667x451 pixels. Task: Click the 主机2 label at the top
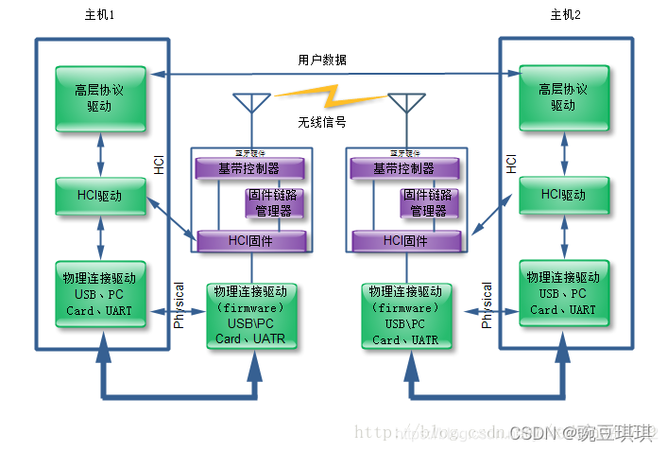565,14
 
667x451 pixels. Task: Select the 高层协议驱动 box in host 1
100,98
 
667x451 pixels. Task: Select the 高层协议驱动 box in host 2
563,98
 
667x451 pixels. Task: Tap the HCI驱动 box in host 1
100,195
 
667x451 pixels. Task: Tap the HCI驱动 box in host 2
563,195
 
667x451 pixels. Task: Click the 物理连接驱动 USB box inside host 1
100,294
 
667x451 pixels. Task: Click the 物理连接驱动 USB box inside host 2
563,294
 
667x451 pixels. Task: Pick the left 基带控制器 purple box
249,168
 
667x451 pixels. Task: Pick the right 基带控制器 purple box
405,168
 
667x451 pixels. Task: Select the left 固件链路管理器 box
273,203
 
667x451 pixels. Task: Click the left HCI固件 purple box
249,241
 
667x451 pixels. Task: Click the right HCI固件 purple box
405,241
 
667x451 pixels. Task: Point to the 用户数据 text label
321,60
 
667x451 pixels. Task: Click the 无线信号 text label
321,122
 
